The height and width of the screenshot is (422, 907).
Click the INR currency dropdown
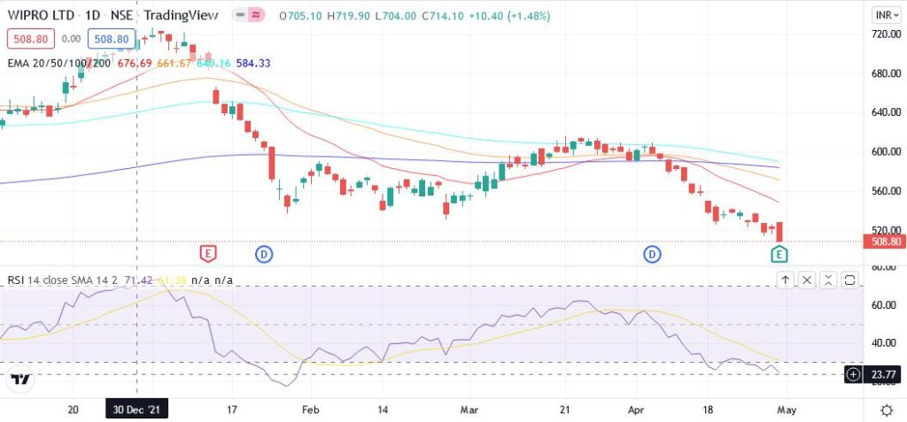tap(884, 15)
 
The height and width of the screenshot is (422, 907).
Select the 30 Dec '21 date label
tap(136, 410)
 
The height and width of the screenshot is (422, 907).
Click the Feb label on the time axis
tap(309, 410)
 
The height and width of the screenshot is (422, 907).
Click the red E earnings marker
tap(208, 254)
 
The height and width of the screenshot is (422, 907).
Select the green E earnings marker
tap(779, 255)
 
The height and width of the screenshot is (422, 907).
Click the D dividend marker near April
tap(653, 255)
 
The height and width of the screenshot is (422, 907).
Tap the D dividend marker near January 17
tap(264, 255)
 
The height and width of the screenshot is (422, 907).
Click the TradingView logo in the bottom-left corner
tap(21, 379)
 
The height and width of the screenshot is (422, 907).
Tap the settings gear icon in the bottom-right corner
tap(887, 410)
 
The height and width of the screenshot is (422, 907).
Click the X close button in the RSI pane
tap(807, 280)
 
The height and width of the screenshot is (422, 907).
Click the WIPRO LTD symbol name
tap(42, 16)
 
